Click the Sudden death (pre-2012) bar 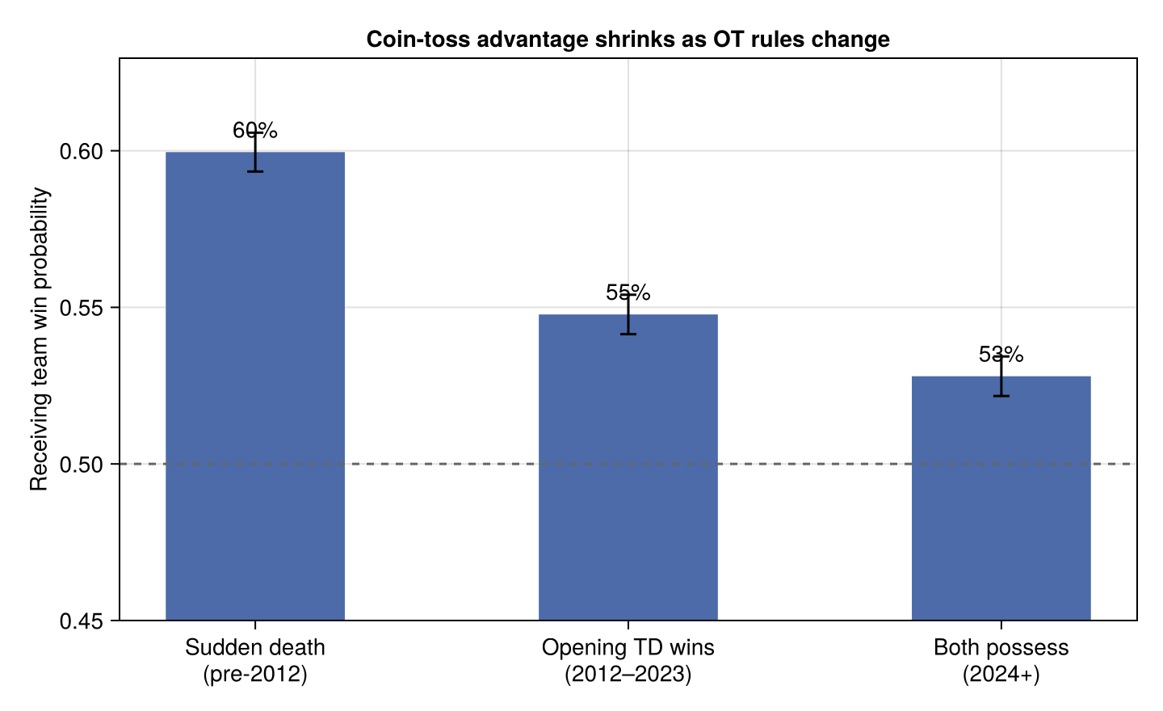255,386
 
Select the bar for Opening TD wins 628,467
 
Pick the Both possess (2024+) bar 1001,498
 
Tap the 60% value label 255,130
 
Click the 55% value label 628,292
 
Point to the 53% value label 1001,354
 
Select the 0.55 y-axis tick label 82,308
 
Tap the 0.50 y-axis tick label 82,465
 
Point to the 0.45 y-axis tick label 82,621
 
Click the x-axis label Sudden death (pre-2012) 255,661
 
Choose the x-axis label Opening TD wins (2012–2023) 628,661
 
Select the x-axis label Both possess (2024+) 1001,661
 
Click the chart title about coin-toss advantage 628,40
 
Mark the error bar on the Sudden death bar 255,152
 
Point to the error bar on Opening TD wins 628,314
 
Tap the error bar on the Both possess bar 1001,376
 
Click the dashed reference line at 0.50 628,464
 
